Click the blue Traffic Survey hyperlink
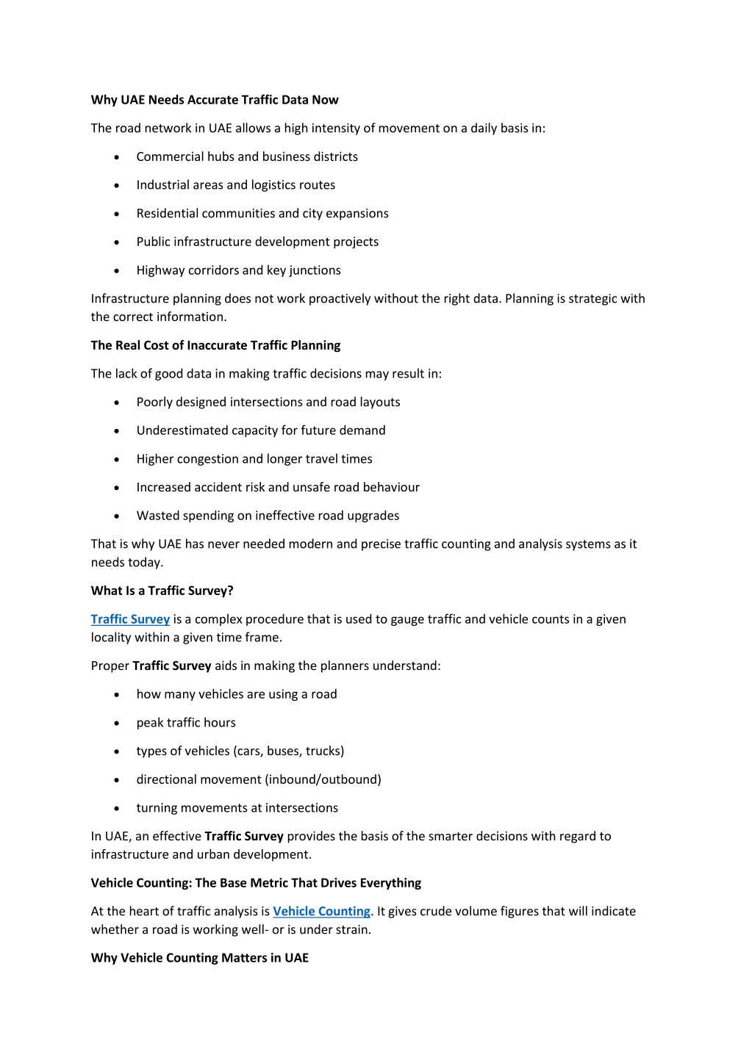(130, 619)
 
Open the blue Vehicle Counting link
(321, 911)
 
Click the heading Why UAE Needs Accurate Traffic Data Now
(215, 100)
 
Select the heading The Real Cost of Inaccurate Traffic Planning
(215, 345)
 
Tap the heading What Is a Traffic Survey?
(162, 591)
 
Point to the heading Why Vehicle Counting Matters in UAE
(199, 958)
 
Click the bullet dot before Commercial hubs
(117, 157)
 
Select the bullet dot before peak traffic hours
(117, 724)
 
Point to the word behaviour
(392, 487)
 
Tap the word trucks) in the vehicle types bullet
(324, 751)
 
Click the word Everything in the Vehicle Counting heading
(390, 883)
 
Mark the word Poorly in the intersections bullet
(154, 402)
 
